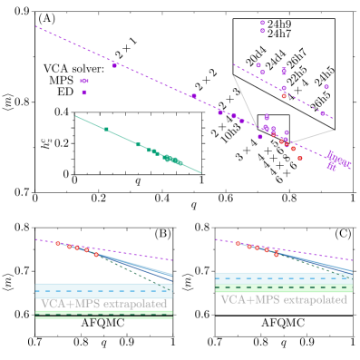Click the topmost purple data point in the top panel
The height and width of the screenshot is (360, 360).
pos(262,23)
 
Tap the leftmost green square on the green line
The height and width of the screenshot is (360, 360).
pos(106,130)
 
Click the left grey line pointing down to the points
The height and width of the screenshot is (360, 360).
pos(244,100)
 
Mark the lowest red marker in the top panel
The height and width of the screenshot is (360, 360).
pos(299,158)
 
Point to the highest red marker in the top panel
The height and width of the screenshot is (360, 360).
pos(284,96)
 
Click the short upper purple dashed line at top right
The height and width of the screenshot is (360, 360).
pos(281,91)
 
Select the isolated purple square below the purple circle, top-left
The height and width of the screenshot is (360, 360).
pos(84,92)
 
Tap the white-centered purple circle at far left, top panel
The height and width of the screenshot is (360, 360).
pos(84,82)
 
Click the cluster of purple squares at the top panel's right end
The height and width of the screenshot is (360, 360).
pos(336,162)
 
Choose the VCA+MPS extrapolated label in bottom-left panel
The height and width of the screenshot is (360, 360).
pos(103,303)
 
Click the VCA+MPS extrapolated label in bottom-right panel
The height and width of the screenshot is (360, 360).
pos(283,299)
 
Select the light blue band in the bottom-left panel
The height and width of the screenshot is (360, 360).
pos(103,290)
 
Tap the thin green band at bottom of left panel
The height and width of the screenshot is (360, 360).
pos(103,315)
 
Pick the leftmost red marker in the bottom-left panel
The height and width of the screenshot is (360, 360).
pos(57,243)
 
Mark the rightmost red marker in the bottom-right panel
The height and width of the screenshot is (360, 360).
pos(277,255)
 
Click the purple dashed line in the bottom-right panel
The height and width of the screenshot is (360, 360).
pos(308,253)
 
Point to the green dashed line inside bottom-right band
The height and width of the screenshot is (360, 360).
pos(283,288)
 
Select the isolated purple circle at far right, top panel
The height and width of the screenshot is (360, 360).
pos(326,87)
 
